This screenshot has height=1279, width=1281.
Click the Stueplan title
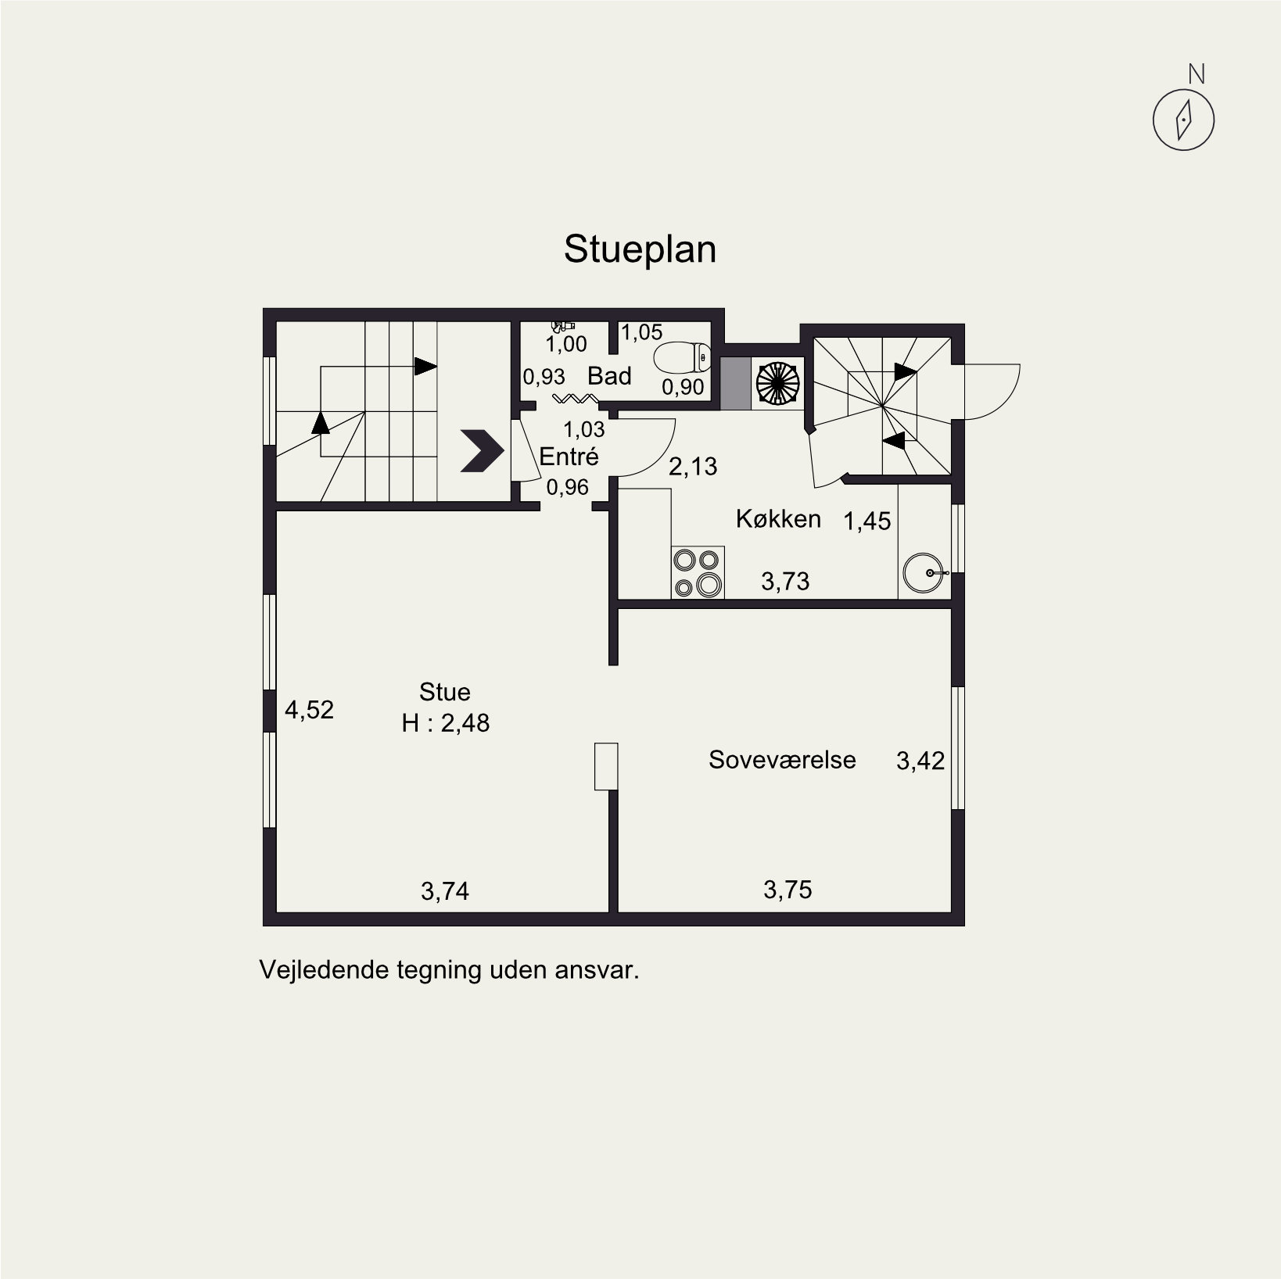(x=640, y=250)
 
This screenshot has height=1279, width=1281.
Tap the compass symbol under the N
(x=1183, y=120)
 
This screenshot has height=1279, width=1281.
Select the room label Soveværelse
(x=782, y=760)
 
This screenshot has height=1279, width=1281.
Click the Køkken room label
(x=778, y=518)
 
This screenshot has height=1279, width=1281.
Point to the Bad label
(x=609, y=376)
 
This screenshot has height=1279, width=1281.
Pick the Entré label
(x=569, y=456)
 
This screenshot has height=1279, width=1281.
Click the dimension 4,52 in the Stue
(x=309, y=710)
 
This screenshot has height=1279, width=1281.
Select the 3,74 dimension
(x=445, y=891)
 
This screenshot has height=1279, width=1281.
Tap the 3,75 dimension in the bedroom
(x=788, y=890)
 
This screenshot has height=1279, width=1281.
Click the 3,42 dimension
(x=920, y=761)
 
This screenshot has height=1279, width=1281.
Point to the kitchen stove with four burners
(x=698, y=573)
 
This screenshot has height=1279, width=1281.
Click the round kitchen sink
(x=924, y=573)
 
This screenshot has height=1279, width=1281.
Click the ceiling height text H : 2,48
(x=446, y=723)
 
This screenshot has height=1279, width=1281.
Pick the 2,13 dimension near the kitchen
(x=693, y=467)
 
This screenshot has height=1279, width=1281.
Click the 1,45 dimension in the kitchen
(x=867, y=521)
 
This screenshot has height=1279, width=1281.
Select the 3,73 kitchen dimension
(x=785, y=582)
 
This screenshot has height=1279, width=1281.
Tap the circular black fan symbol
(x=777, y=383)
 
